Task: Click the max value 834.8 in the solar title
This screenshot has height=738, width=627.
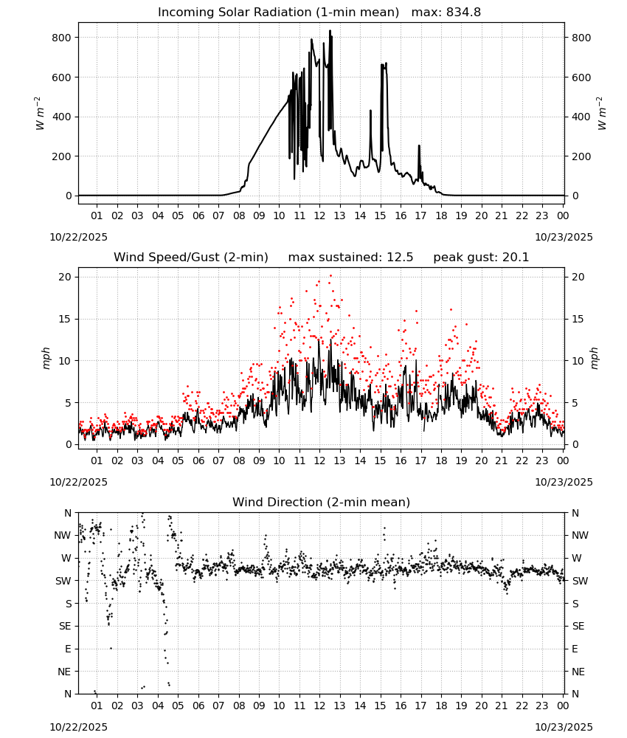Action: [463, 13]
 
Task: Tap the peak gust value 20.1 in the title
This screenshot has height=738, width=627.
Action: [516, 258]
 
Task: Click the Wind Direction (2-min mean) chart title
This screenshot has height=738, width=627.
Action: [322, 502]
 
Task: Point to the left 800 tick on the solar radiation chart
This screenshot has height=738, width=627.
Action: [62, 38]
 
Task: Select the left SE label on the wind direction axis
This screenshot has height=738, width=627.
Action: [65, 626]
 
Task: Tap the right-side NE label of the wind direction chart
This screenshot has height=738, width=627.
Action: [578, 672]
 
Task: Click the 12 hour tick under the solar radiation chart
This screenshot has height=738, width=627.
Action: [319, 215]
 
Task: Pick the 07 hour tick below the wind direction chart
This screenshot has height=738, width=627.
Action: [218, 706]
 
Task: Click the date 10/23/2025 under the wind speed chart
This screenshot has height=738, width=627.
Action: [564, 482]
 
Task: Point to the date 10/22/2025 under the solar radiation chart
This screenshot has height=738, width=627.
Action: [78, 237]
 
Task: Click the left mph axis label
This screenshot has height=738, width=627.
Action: [46, 358]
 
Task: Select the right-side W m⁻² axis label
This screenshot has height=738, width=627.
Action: [603, 114]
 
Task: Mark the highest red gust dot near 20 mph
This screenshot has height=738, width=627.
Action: [330, 276]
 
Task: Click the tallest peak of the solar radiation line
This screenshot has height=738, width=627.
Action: [330, 30]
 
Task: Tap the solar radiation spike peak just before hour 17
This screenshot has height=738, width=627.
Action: [419, 146]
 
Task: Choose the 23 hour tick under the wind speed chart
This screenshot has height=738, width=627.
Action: [542, 461]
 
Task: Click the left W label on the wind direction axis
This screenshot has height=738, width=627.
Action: [67, 558]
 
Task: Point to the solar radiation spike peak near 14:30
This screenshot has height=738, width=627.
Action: [370, 111]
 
